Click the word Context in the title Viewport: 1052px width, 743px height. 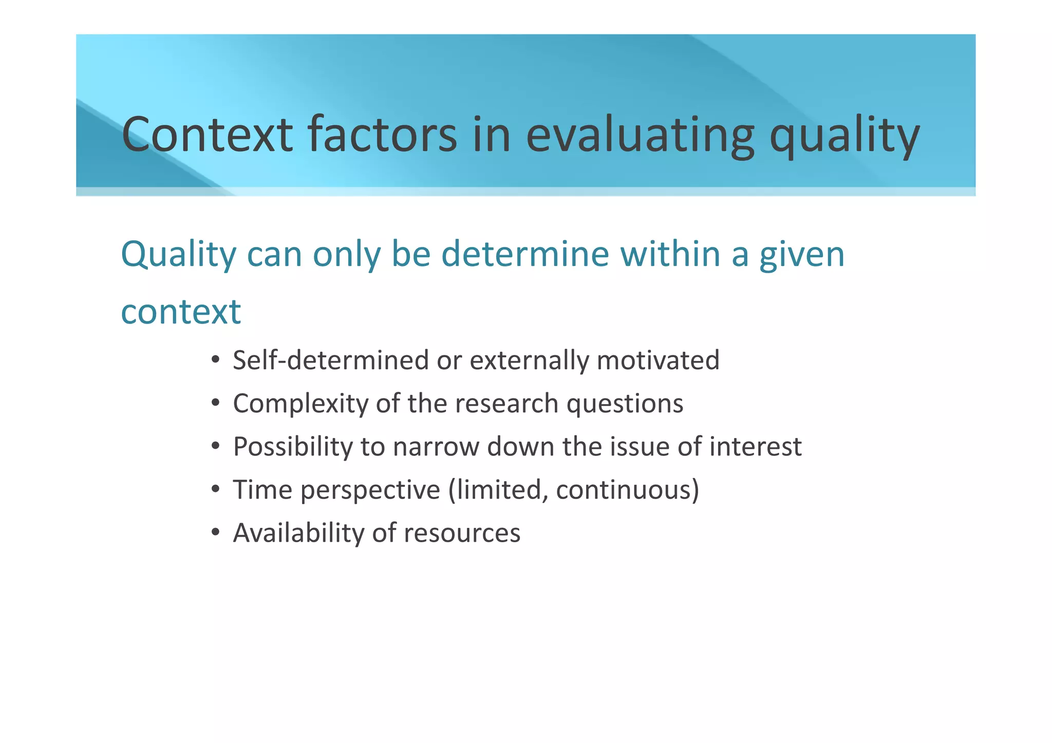pos(207,135)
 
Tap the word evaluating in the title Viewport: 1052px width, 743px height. pos(640,135)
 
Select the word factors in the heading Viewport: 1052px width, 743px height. pos(382,135)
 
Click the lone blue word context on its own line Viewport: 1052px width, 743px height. pos(181,312)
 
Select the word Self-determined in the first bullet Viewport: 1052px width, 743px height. pos(330,360)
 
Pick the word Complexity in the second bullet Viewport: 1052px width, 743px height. pos(300,404)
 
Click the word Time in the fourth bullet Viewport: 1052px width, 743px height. pos(262,489)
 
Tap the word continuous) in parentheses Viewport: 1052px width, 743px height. pos(627,490)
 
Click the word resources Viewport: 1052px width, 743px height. pos(462,534)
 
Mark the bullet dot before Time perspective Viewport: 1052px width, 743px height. pos(216,488)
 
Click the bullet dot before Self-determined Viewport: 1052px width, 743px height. pos(216,359)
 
